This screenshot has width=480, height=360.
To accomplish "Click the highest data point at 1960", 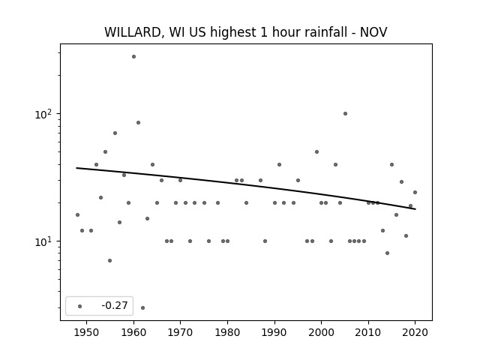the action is [x=133, y=57].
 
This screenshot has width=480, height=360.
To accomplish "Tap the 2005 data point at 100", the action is [x=345, y=113].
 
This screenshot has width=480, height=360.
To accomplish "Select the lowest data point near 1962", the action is [x=143, y=307].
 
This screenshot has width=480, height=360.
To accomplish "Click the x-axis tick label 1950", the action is [x=87, y=332].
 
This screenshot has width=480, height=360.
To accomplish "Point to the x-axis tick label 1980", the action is [x=227, y=332].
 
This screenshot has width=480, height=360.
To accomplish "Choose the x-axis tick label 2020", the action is [x=415, y=332].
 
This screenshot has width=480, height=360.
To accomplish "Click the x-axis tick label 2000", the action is [x=322, y=332].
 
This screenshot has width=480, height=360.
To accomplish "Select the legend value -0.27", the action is [x=115, y=305].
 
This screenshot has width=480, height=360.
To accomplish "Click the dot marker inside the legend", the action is [x=80, y=306].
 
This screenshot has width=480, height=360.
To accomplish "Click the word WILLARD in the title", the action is [x=133, y=32].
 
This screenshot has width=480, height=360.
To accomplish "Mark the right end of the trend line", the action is [x=415, y=209].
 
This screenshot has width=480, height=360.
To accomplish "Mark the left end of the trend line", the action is [x=76, y=168].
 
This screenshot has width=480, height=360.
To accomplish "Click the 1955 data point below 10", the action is [x=110, y=260].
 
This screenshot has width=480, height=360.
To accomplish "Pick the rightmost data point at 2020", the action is [x=415, y=192].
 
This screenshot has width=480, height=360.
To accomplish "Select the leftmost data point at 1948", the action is [x=77, y=215].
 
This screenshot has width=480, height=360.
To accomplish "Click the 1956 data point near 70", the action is [x=115, y=133].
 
